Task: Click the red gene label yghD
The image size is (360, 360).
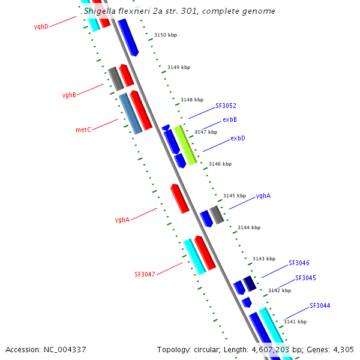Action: point(41,27)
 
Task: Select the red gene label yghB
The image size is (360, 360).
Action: point(69,95)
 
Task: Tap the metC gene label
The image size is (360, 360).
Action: point(83,130)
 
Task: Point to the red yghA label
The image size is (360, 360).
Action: point(122,220)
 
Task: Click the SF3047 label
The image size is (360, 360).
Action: point(145,274)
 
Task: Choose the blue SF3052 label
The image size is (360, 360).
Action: point(226,106)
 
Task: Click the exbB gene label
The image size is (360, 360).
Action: point(230,119)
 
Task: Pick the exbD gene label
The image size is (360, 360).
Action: point(238,139)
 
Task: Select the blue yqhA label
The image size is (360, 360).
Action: point(263,196)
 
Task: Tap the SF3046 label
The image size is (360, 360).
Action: point(299,263)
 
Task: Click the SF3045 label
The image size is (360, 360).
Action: point(305,278)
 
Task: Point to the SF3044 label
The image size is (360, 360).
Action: point(320,305)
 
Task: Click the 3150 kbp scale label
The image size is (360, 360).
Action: point(166,35)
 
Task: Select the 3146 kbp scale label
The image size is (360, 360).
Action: point(220,164)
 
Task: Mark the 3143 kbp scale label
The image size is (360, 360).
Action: point(263,259)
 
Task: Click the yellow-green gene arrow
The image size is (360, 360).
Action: point(185,145)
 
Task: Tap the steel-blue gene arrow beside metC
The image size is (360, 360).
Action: point(130,113)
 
